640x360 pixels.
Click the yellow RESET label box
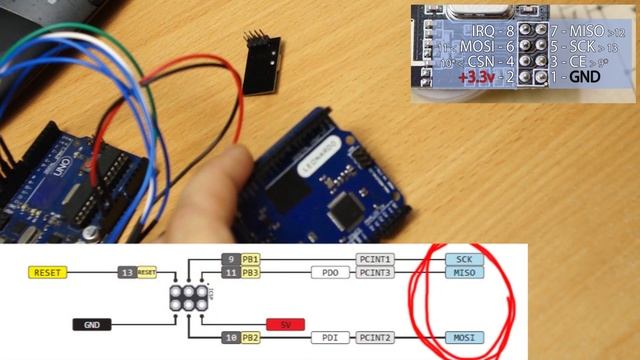[47, 272]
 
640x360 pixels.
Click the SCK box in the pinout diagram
[462, 259]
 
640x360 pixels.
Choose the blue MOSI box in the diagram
[462, 338]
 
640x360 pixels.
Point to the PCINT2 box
[375, 338]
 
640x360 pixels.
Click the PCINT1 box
[375, 259]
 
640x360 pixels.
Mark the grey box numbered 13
[125, 272]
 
